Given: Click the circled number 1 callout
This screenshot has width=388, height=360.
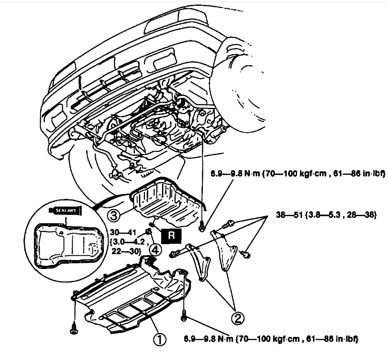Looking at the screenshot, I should [x=158, y=340].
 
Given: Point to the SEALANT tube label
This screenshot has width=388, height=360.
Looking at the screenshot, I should [x=67, y=210].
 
